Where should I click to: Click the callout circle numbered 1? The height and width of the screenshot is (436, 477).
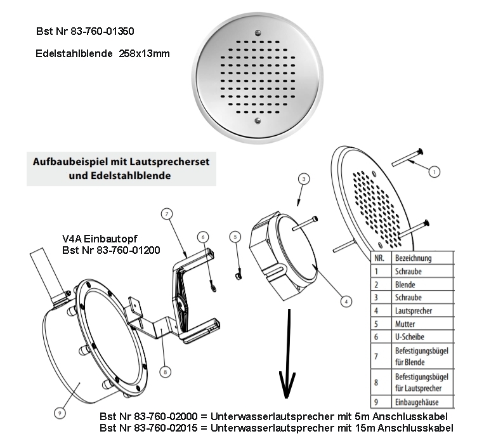click(434, 171)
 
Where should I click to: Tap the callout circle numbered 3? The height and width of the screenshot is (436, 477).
click(304, 180)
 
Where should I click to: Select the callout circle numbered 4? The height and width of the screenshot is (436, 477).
click(344, 302)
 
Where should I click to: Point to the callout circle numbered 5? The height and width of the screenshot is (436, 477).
click(236, 237)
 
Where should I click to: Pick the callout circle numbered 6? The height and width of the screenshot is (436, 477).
click(202, 236)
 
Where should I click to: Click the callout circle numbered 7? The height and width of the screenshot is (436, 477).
click(167, 215)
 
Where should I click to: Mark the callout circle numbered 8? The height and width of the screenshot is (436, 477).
click(165, 372)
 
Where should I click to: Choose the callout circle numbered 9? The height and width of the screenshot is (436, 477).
click(59, 412)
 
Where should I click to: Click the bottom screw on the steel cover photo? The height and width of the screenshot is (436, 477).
click(256, 119)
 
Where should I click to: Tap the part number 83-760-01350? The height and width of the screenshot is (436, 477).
click(98, 30)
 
